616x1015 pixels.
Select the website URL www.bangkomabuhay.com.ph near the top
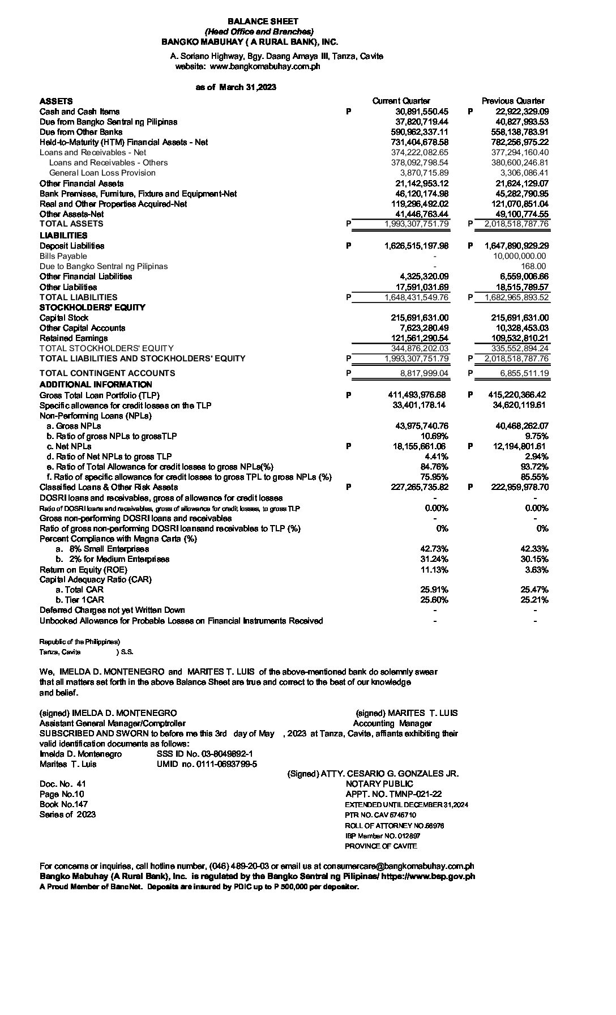click(265, 66)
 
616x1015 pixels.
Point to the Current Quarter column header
click(401, 101)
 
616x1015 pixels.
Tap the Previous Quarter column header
click(513, 101)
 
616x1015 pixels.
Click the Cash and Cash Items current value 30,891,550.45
click(421, 112)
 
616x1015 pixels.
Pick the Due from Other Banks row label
click(81, 132)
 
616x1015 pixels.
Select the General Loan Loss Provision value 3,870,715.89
click(423, 173)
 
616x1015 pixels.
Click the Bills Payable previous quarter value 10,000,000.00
click(519, 256)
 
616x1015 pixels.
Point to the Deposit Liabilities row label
click(72, 246)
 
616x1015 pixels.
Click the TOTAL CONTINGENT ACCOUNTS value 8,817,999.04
click(424, 373)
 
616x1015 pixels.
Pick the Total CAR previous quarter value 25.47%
click(534, 590)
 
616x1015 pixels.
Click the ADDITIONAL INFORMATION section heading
click(96, 385)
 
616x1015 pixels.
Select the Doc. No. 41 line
click(63, 784)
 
